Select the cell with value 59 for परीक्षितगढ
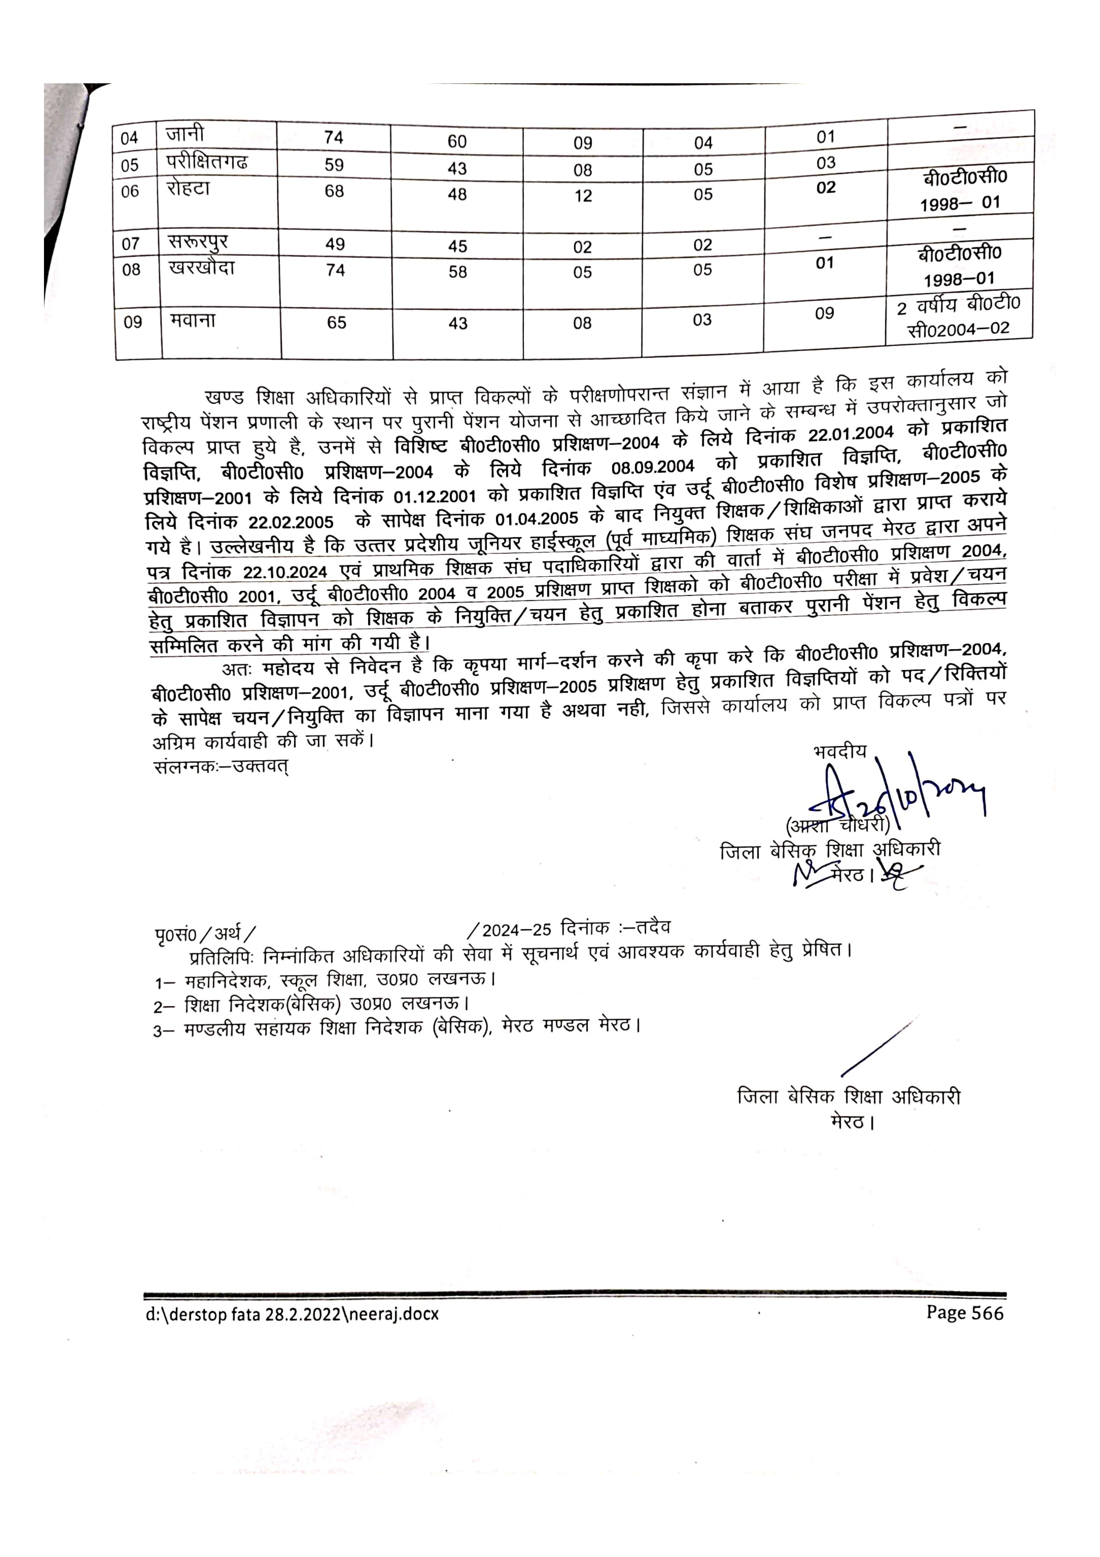(334, 165)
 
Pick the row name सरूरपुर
(198, 242)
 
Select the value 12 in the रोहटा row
(583, 196)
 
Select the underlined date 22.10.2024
(285, 572)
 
